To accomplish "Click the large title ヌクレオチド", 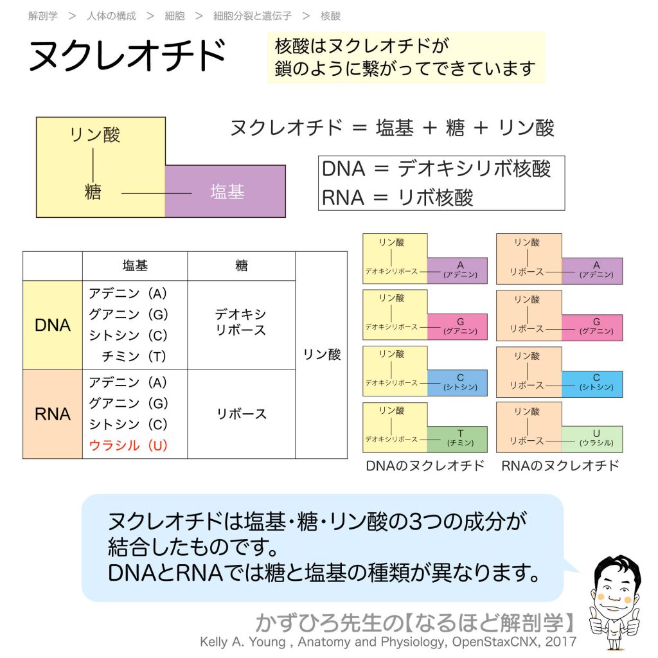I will coord(127,57).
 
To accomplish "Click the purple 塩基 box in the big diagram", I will coord(226,191).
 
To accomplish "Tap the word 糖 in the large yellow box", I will coord(93,191).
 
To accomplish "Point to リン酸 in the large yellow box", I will coord(94,135).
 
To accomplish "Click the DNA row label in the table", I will coord(53,325).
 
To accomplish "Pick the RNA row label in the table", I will coord(53,414).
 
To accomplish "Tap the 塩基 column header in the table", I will coord(135,265).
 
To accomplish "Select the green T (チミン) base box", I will coord(458,439).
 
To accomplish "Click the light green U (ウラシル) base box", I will coord(592,439).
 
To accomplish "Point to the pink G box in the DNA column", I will coord(458,327).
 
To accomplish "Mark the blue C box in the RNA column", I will coord(592,383).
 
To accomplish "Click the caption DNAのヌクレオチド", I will coord(425,466).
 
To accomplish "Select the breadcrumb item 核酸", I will coord(330,15).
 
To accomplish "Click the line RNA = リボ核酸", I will coord(397,197).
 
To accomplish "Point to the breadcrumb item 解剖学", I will coord(42,15).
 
